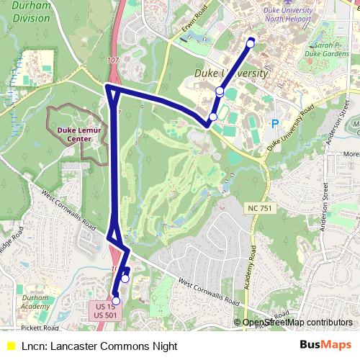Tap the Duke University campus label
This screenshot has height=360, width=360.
[x=230, y=74]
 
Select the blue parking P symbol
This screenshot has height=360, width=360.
[x=274, y=123]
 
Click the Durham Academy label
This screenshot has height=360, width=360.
[x=36, y=302]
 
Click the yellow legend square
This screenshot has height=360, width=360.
[x=10, y=346]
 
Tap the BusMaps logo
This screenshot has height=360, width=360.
[x=326, y=346]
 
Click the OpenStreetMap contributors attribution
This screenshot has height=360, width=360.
[x=297, y=323]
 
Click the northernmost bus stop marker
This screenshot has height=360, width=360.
[x=251, y=43]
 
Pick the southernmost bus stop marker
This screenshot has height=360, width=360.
[x=116, y=301]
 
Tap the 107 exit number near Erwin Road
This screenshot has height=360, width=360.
[x=112, y=60]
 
